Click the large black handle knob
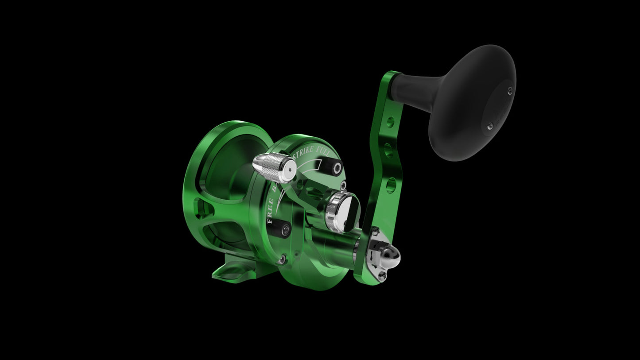[x=472, y=103]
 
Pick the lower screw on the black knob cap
[x=489, y=127]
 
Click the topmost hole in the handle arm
[x=390, y=121]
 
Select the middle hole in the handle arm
[x=388, y=150]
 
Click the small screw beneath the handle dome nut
[x=381, y=275]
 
